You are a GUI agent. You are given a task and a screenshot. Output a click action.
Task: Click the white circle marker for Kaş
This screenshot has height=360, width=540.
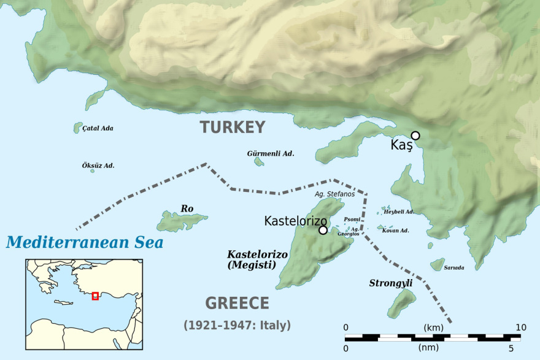pos(415,136)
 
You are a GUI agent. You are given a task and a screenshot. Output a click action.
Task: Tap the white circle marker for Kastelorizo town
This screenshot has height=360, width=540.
pos(323,231)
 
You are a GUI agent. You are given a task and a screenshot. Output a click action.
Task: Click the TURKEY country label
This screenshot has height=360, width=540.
pos(232,128)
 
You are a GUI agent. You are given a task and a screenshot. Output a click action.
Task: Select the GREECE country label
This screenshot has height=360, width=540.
pos(237,303)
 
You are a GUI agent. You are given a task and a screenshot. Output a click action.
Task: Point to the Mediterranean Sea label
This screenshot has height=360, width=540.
pos(85,242)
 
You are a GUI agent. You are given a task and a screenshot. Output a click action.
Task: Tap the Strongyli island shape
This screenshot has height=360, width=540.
pos(402,302)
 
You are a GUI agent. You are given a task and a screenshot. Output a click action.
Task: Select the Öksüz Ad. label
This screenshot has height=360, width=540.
pos(98,166)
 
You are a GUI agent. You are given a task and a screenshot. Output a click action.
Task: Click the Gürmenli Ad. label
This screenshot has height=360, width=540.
pos(271,153)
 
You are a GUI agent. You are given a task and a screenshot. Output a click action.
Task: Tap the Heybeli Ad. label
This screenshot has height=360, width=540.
pos(399,212)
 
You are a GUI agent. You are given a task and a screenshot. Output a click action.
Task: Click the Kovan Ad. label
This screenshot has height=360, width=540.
pos(395,231)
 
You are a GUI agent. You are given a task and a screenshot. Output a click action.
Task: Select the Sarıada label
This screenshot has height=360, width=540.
pos(454,267)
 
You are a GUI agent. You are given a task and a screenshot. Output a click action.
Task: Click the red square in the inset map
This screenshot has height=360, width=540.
pos(95,296)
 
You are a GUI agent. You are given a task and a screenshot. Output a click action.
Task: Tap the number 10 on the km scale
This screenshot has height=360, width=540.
pos(520,327)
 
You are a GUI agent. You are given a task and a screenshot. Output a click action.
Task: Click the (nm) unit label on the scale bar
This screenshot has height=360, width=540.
pos(428,348)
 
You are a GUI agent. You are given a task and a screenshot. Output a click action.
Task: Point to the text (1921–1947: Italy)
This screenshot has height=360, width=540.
pos(237,325)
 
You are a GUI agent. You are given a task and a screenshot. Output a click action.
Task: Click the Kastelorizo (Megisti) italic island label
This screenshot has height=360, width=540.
pos(252,259)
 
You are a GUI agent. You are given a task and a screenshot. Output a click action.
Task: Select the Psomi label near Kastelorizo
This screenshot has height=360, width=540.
pos(352,219)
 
